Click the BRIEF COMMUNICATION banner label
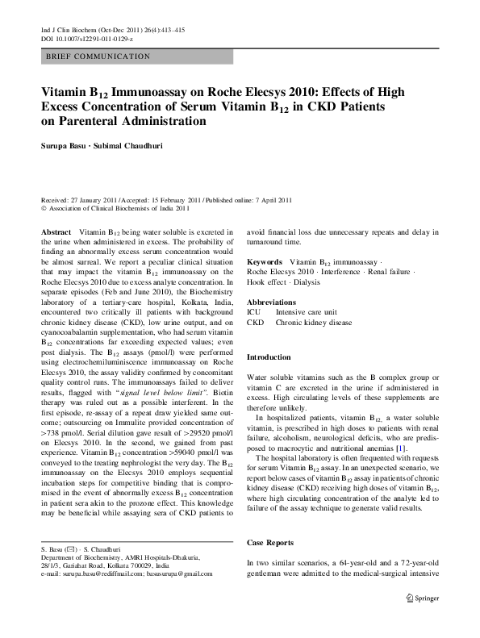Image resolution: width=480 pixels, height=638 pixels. pos(98,56)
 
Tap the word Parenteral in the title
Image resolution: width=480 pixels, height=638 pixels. pos(87,122)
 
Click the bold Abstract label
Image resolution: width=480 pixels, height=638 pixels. pos(56,232)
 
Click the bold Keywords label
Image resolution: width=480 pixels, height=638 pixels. pos(265,262)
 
